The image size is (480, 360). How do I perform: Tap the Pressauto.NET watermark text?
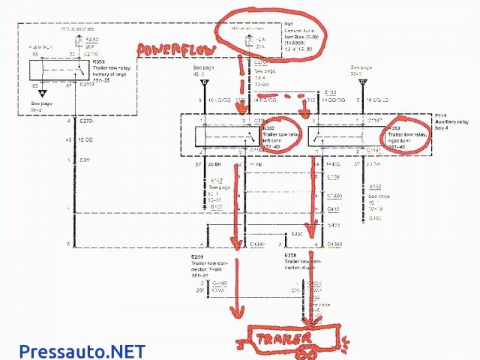click(82, 349)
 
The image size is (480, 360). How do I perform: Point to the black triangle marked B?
click(194, 80)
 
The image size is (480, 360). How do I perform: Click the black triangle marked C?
click(362, 80)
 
